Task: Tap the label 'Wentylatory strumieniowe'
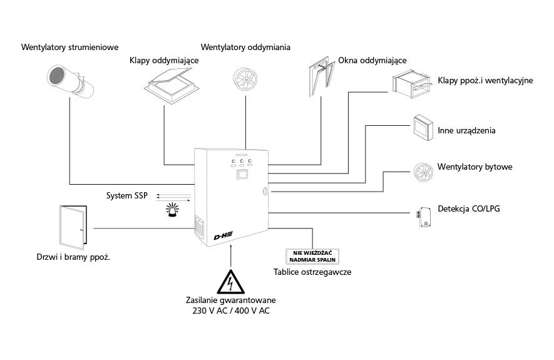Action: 69,47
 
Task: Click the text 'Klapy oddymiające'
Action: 164,61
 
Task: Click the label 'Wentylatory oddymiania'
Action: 245,47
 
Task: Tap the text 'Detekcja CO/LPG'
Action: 469,208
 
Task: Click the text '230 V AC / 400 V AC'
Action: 230,310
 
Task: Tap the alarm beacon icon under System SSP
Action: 171,210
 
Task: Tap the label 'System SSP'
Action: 126,196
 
